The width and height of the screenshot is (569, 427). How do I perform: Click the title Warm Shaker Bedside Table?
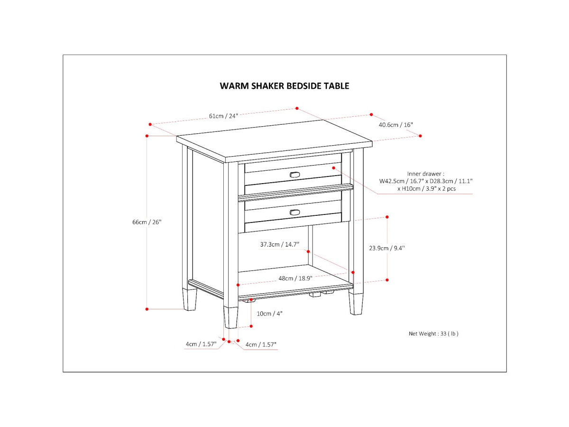pos(284,86)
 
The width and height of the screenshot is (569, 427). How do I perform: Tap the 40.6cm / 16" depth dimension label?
pos(395,125)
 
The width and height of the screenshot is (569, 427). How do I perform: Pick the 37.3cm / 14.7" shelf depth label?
pos(280,244)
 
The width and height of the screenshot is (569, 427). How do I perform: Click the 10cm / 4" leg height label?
pos(270,313)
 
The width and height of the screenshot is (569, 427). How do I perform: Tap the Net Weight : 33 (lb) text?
pos(433,334)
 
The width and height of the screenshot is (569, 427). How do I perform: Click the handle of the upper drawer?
pos(295,175)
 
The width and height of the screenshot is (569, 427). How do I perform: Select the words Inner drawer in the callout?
pos(425,174)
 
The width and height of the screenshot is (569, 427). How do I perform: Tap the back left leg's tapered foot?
pos(190,300)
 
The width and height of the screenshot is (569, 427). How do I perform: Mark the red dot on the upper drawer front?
pos(334,167)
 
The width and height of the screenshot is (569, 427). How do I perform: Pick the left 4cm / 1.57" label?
pos(201,344)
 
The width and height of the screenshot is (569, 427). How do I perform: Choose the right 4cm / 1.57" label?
pos(261,344)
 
